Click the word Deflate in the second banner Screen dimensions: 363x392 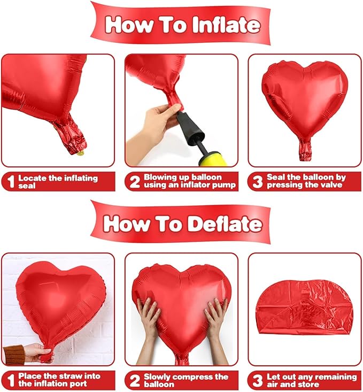point(225,224)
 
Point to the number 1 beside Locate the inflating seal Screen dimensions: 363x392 point(11,182)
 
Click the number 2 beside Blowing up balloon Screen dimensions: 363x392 point(135,182)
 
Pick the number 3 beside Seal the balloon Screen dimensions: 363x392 point(258,182)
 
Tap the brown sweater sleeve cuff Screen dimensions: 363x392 point(14,355)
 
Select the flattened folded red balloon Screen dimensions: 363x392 point(305,308)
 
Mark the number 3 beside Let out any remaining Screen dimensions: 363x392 point(258,380)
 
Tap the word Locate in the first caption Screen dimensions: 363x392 point(33,178)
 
